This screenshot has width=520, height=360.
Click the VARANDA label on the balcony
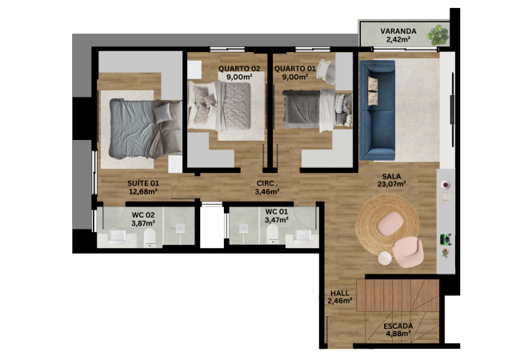click(398, 31)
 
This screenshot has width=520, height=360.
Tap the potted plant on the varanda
click(438, 35)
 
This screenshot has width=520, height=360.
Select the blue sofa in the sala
click(378, 110)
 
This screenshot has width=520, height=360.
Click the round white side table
click(385, 258)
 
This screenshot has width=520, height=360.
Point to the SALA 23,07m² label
click(392, 180)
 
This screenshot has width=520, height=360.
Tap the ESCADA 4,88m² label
click(398, 330)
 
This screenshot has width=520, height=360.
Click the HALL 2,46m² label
click(340, 297)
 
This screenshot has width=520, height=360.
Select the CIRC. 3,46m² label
click(267, 187)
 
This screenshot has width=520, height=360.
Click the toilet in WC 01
click(273, 234)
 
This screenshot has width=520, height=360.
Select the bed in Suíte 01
click(146, 129)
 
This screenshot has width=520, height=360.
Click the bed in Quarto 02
click(219, 106)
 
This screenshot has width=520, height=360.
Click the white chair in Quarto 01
click(324, 70)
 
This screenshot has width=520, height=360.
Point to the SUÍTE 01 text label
click(143, 183)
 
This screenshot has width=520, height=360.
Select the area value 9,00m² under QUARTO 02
click(239, 77)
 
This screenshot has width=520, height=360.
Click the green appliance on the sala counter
click(446, 238)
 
